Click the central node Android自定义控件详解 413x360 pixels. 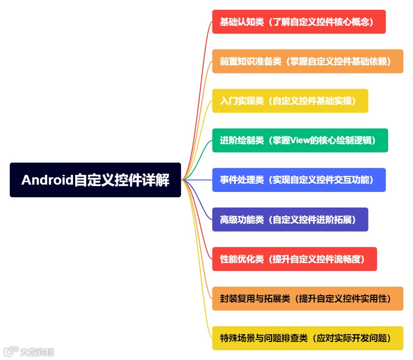(x=95, y=180)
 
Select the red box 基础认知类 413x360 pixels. (x=299, y=22)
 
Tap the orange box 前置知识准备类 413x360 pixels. (x=308, y=61)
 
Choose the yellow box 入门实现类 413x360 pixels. (x=290, y=101)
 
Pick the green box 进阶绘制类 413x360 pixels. (x=300, y=140)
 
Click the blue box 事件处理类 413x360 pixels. (x=299, y=180)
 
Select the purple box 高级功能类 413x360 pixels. (x=290, y=219)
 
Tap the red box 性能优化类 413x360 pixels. (x=295, y=259)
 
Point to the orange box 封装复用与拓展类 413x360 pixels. (x=308, y=298)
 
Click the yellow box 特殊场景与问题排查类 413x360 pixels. (x=308, y=338)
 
